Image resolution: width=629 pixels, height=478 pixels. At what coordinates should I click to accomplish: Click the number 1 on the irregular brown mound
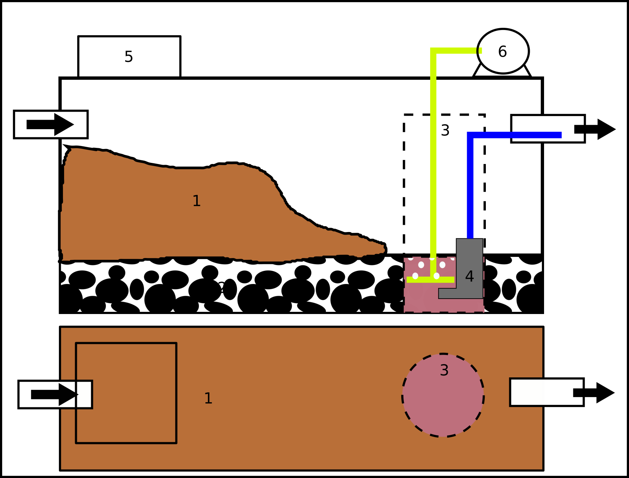click(197, 201)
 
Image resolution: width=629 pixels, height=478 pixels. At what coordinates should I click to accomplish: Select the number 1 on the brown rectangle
click(208, 398)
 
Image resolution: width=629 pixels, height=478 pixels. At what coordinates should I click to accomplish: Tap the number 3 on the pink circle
click(444, 370)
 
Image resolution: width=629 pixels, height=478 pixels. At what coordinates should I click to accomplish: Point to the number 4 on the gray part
click(469, 276)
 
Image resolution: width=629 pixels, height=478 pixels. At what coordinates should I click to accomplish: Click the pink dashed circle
click(443, 403)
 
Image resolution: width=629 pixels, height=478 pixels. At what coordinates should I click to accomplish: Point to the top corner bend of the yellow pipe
click(433, 51)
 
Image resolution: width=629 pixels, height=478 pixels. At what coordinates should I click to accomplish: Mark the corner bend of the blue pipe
click(470, 135)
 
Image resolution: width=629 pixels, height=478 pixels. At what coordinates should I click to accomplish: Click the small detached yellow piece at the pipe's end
click(480, 51)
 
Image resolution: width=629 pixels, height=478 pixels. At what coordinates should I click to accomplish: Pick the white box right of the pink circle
click(542, 392)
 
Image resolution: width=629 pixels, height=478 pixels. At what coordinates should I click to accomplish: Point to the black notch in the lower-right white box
click(578, 392)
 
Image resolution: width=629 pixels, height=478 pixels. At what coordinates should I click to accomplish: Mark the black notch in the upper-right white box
click(579, 129)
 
